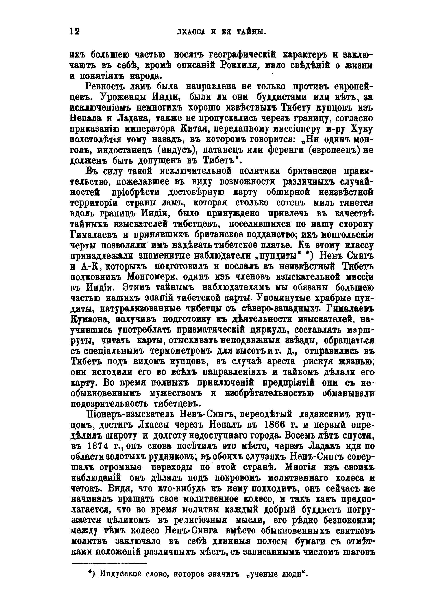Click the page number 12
(x=75, y=32)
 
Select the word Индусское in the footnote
(x=119, y=573)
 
